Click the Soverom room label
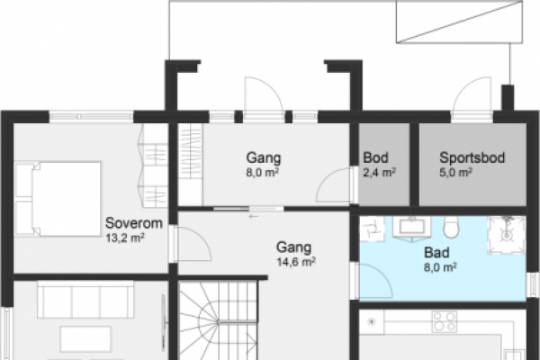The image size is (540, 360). pos(134,223)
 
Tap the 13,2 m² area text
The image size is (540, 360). pos(125,238)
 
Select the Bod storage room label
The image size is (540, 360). pos(375,158)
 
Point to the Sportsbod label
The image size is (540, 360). pos(472,157)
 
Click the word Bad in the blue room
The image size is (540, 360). pos(436,253)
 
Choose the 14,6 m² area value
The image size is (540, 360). pos(296,262)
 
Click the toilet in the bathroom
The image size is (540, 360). pos(452,227)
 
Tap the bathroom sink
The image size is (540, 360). pos(411,227)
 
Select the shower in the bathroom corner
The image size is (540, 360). pos(507,235)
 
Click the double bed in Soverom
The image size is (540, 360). pos(58,199)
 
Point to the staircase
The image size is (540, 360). pos(219,320)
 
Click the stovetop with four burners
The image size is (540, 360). pos(445,321)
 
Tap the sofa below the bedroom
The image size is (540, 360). pos(85,300)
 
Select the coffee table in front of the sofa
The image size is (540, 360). pos(85,339)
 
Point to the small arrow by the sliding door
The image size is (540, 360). pos(254,216)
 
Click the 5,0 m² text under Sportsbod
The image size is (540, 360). pos(455,172)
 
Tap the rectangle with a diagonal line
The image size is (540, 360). pos(459,22)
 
